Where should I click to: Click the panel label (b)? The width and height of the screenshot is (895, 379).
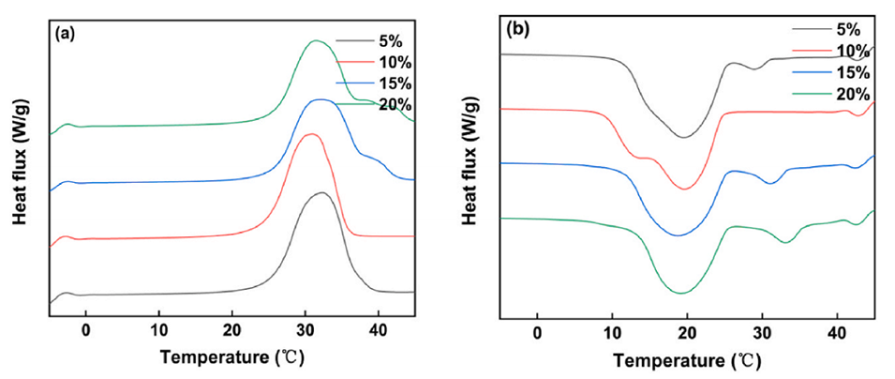pos(518,28)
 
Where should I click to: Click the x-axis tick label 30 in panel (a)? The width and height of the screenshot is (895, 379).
pos(305,330)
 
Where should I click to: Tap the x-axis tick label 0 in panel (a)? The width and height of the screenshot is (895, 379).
pos(85,330)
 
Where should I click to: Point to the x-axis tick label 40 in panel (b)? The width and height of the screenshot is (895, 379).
pos(837,334)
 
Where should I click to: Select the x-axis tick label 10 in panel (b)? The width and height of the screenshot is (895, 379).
pos(612,334)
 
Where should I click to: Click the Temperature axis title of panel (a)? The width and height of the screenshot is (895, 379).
pos(232,357)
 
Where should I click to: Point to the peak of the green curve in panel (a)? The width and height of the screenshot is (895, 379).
pos(316,40)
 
